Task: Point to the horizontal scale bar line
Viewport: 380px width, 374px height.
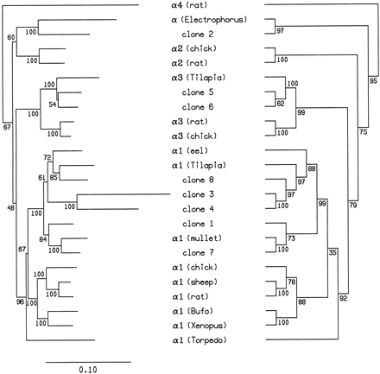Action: [85, 354]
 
